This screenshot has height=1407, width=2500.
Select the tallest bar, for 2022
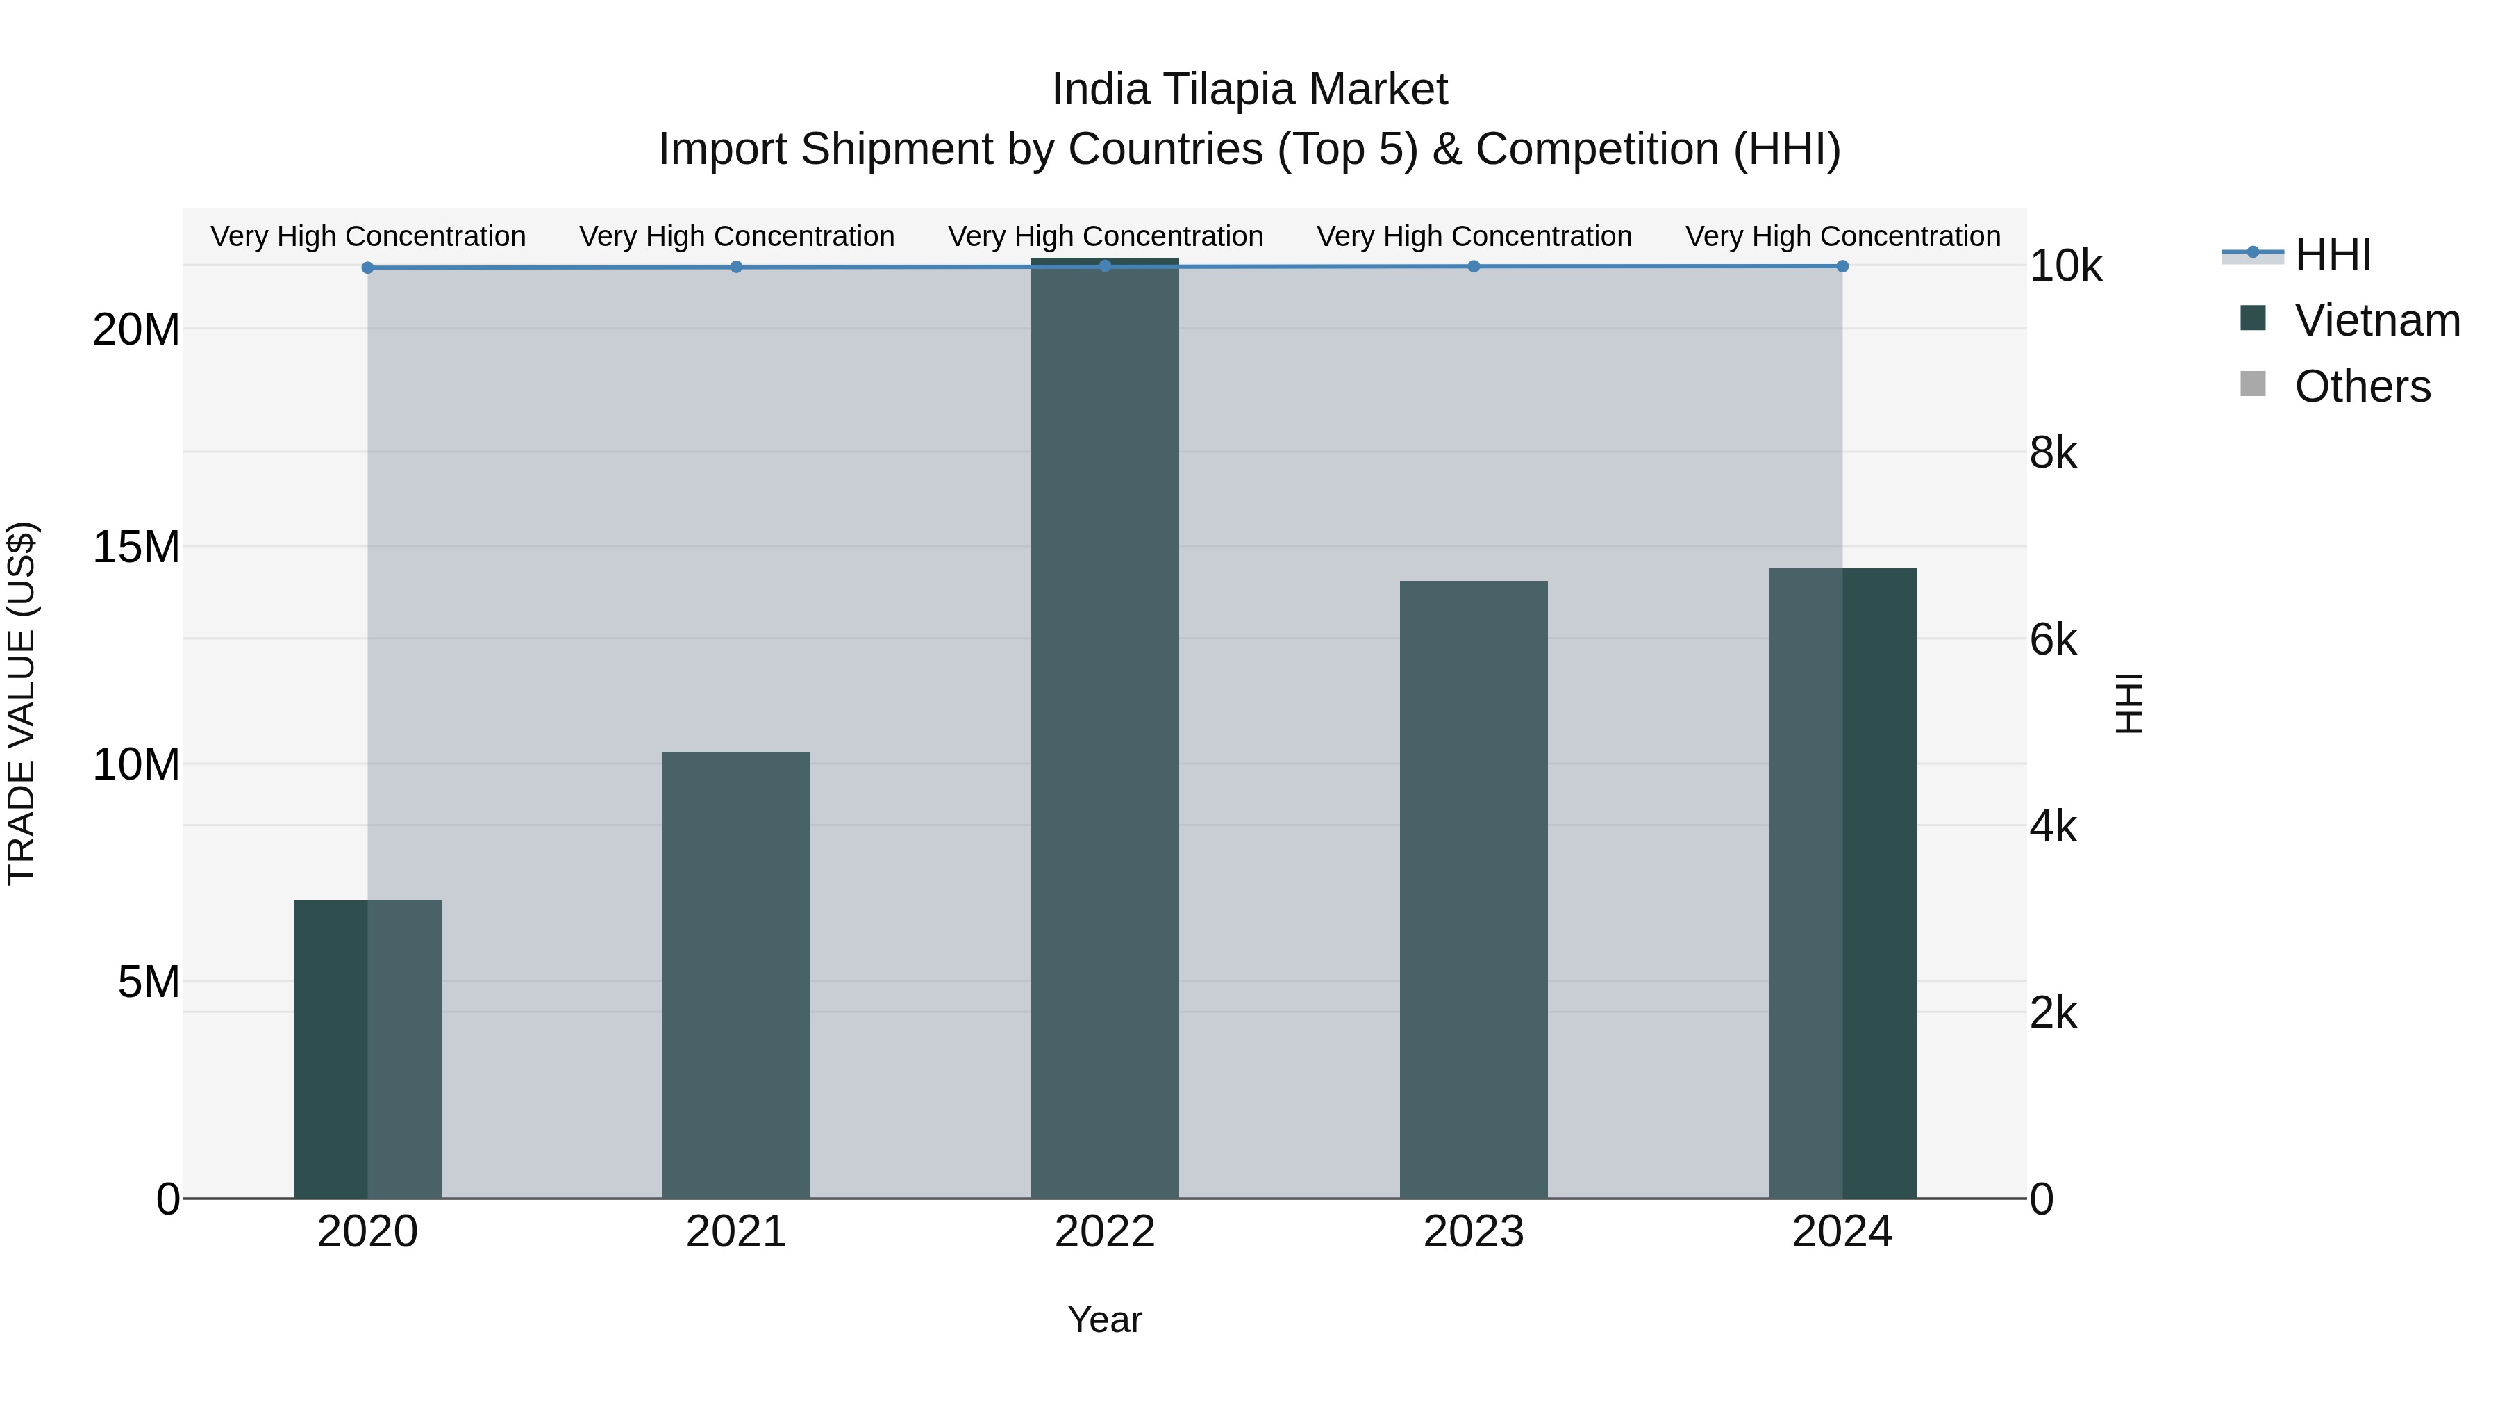tap(1104, 728)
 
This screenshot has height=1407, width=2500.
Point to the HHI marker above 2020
tap(368, 268)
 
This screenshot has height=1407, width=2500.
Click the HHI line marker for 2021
tap(735, 267)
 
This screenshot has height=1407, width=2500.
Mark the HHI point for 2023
tap(1473, 266)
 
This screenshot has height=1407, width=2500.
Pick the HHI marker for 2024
tap(1842, 266)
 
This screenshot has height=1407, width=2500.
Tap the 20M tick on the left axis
tap(136, 330)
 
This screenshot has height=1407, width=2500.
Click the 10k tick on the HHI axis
tap(2065, 266)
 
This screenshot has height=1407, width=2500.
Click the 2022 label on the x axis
tap(1104, 1232)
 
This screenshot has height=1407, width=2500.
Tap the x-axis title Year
tap(1104, 1319)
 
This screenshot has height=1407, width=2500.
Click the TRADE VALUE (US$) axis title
tap(22, 703)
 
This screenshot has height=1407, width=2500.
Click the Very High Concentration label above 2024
tap(1842, 236)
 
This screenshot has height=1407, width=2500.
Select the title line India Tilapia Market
tap(1249, 90)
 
